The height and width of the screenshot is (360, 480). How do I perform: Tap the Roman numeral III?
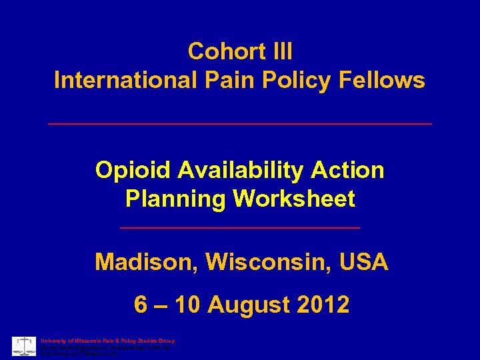pyautogui.click(x=279, y=51)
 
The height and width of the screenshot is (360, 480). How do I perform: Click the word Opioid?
pyautogui.click(x=133, y=171)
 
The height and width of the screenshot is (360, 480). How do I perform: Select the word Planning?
pyautogui.click(x=172, y=199)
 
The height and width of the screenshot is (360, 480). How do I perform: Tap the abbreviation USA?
pyautogui.click(x=363, y=262)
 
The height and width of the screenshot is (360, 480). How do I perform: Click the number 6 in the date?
pyautogui.click(x=141, y=305)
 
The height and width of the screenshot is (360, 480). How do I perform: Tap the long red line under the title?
pyautogui.click(x=240, y=124)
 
